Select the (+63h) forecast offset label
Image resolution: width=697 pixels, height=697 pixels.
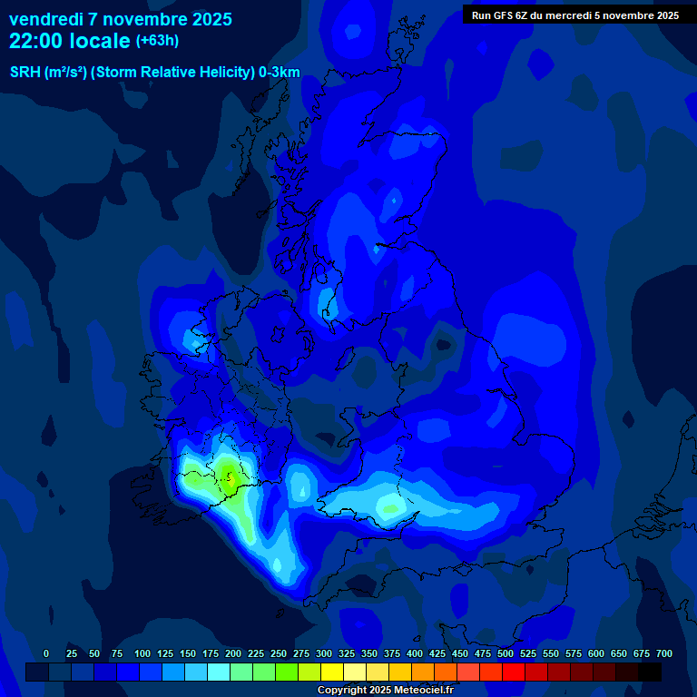(157, 41)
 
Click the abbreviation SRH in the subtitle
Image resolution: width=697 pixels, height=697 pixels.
(25, 73)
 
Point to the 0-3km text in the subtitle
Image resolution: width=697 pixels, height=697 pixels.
(280, 73)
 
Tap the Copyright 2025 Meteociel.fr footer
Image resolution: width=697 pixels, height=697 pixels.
(385, 690)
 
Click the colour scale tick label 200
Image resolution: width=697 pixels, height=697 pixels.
(233, 653)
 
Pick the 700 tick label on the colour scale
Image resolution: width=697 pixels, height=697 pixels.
(664, 653)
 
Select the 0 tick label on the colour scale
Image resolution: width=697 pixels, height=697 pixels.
(46, 653)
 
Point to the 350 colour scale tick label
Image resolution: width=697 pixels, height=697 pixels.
(369, 653)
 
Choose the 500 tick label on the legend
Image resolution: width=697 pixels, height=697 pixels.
(506, 653)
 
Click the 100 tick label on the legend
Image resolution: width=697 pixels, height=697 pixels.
(142, 653)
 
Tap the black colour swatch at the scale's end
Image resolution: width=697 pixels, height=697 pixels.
(650, 672)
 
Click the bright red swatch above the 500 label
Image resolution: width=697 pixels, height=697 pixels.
(514, 672)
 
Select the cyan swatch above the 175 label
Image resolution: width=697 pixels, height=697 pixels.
(219, 672)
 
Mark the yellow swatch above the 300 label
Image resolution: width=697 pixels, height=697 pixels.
(332, 672)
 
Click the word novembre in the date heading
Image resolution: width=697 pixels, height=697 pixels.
(145, 19)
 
